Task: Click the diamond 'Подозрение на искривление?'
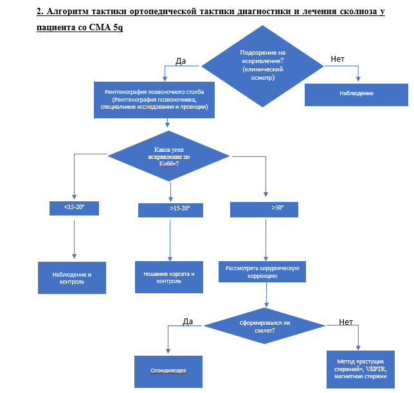[x=262, y=66]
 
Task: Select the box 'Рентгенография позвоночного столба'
[x=154, y=100]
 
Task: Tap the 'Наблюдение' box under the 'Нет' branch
[x=356, y=95]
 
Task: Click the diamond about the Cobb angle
[x=168, y=156]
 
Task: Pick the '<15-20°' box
[x=74, y=208]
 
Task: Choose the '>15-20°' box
[x=170, y=210]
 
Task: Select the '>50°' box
[x=264, y=210]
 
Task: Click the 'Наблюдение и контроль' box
[x=72, y=278]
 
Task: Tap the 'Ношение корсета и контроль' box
[x=169, y=277]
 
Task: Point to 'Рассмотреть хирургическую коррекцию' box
[x=262, y=272]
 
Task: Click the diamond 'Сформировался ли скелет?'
[x=264, y=326]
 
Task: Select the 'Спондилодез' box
[x=168, y=372]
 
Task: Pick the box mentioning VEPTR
[x=361, y=369]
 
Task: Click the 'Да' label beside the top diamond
[x=181, y=61]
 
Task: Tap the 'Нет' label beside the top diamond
[x=337, y=59]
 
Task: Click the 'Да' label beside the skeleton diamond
[x=188, y=322]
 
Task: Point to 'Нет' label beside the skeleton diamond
[x=346, y=322]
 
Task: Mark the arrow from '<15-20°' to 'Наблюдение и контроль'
[x=74, y=239]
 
